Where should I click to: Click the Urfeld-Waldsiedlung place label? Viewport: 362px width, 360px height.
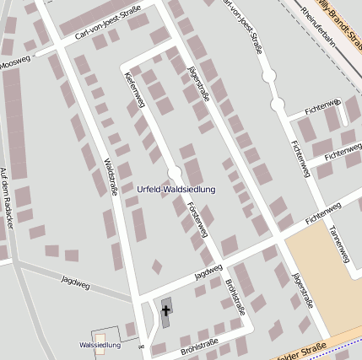(176, 190)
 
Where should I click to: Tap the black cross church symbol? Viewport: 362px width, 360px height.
(166, 311)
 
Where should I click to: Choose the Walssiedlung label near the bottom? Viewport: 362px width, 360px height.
(100, 345)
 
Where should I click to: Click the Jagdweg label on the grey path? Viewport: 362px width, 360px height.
(75, 279)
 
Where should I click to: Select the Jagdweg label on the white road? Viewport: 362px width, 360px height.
(208, 271)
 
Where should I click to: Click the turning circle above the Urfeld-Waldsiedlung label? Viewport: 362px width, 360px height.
(175, 174)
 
